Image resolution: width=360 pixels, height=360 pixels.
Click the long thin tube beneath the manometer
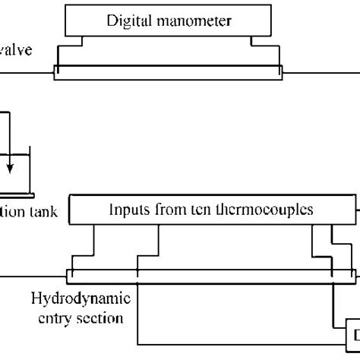tap(167, 73)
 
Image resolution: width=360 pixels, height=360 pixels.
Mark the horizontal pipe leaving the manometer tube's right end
tap(319, 73)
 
